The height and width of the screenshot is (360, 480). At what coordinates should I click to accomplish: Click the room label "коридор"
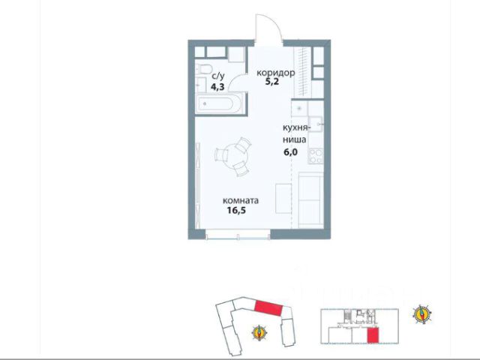276,73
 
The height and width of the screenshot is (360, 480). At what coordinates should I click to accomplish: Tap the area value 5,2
272,82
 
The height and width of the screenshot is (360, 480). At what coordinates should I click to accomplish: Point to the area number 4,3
217,87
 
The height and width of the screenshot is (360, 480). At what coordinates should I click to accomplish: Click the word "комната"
241,201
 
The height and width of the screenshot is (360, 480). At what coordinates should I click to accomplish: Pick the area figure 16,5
237,210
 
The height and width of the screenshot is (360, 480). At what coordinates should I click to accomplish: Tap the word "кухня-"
296,128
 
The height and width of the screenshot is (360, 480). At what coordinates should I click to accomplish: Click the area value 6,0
290,152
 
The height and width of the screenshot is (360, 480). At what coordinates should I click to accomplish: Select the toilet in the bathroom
202,69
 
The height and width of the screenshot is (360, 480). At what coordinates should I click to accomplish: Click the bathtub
219,104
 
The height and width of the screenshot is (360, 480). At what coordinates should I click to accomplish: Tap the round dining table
233,157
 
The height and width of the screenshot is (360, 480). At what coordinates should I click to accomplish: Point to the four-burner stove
316,155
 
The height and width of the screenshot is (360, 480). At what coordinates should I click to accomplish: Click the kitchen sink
316,124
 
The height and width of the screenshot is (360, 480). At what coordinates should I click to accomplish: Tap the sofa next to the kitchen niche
310,200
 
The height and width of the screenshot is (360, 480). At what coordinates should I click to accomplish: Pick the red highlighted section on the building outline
268,308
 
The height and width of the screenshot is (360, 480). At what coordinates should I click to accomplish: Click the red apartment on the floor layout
373,334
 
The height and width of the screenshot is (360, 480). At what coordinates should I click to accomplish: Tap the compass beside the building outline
259,333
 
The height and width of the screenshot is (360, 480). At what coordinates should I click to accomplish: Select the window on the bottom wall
238,235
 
